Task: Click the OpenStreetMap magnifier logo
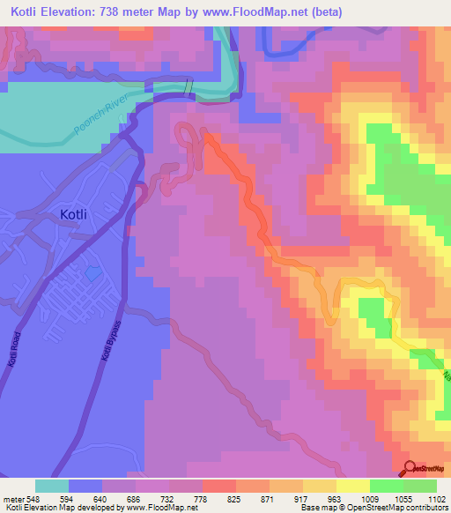[x=410, y=468]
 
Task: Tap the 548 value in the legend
[x=34, y=500]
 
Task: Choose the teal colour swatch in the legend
[x=51, y=486]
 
